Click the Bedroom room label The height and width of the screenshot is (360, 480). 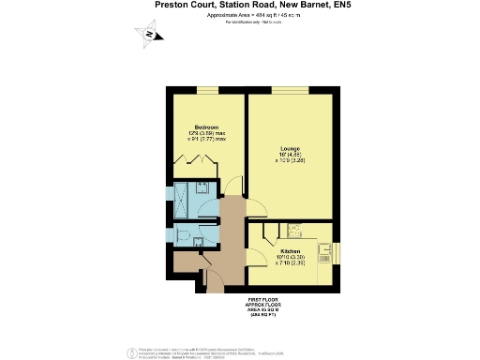(x=206, y=127)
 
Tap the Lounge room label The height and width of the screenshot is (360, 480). (x=290, y=148)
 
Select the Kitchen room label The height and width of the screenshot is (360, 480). (x=291, y=252)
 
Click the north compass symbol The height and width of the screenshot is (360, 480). (x=150, y=37)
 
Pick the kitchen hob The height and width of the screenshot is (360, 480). (x=292, y=230)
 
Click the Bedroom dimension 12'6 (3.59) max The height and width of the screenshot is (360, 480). (x=206, y=134)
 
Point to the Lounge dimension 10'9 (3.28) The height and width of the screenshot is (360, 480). (x=290, y=161)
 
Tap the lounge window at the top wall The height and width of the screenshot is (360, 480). (x=289, y=90)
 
